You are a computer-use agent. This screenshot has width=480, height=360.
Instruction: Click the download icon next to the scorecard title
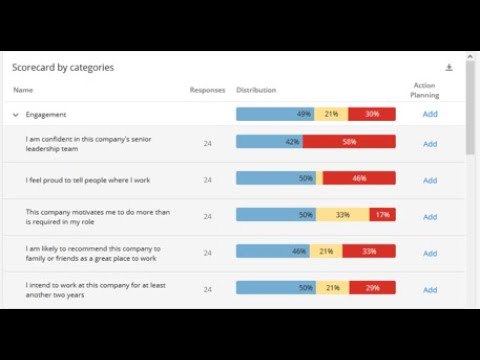449,67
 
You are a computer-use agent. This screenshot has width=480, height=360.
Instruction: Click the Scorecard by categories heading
63,68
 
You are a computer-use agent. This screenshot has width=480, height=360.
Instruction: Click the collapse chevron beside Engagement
16,115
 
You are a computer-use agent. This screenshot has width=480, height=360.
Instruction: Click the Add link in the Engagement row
430,115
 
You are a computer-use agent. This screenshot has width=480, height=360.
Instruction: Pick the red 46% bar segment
359,179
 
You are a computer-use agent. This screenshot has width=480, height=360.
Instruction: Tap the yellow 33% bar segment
342,215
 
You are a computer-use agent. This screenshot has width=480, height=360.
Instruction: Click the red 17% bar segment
382,215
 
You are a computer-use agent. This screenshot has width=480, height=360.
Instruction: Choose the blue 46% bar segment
273,252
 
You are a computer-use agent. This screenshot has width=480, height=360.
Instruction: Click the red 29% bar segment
372,288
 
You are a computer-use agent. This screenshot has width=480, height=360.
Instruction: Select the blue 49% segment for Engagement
275,115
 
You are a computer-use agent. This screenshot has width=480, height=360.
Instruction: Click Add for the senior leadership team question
430,144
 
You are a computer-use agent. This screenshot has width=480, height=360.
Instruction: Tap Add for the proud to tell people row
430,181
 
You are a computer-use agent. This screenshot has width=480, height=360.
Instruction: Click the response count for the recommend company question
207,253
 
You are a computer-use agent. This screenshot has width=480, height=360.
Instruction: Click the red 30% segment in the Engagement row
371,115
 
